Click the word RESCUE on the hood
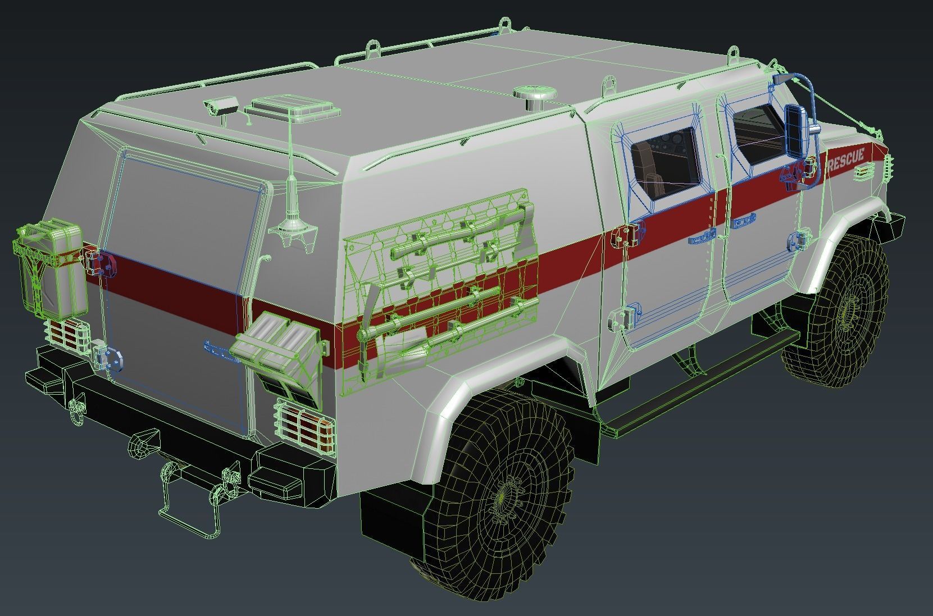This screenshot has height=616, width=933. pos(845,161)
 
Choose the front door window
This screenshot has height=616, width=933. pos(758,135)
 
